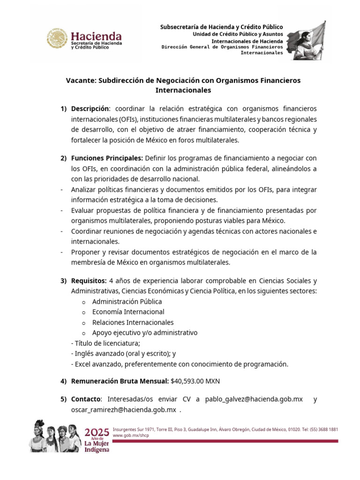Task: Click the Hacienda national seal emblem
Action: pyautogui.click(x=57, y=39)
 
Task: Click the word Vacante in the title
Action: pyautogui.click(x=80, y=81)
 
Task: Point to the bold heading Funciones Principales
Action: pyautogui.click(x=107, y=158)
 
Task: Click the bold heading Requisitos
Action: pyautogui.click(x=89, y=281)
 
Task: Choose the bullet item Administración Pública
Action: pyautogui.click(x=127, y=301)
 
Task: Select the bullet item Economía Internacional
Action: pyautogui.click(x=128, y=312)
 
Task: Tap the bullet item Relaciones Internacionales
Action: pyautogui.click(x=133, y=322)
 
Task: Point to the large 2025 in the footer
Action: pyautogui.click(x=97, y=431)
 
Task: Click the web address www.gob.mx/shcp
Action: pyautogui.click(x=127, y=435)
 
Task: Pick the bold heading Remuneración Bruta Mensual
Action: pyautogui.click(x=119, y=382)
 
